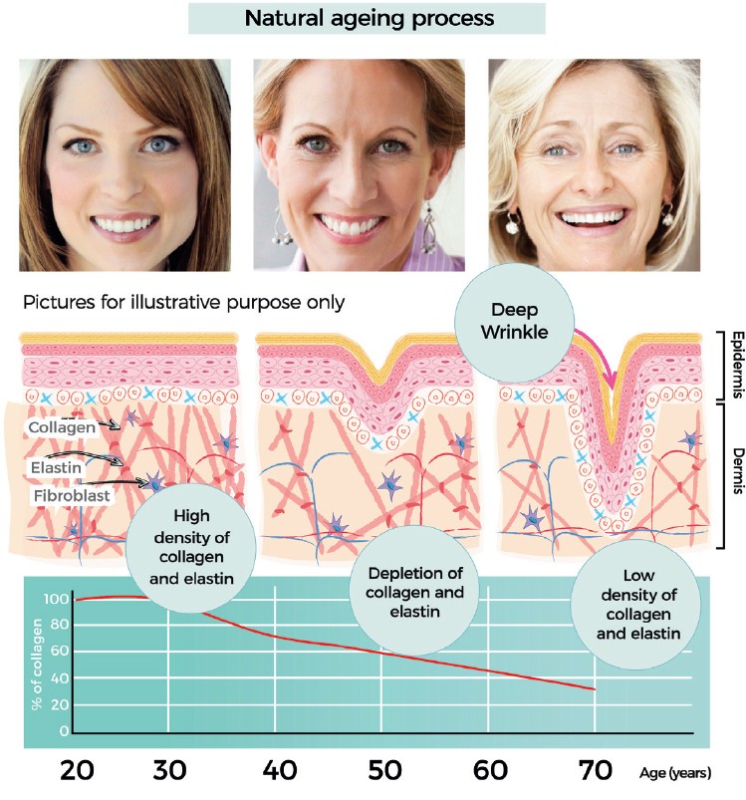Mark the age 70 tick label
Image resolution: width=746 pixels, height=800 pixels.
[x=595, y=772]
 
